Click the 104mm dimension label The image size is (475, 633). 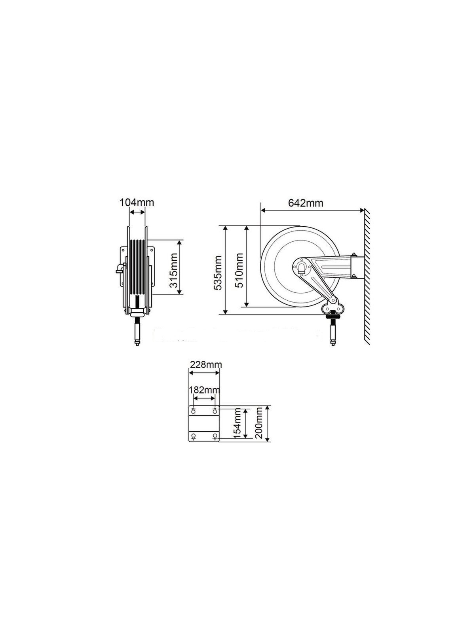tap(137, 203)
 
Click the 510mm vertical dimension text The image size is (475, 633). tap(239, 267)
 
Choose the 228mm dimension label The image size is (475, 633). tap(205, 364)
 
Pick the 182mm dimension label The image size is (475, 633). tap(204, 389)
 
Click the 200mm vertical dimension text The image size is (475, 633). tap(258, 424)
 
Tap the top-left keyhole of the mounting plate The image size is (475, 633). tap(194, 410)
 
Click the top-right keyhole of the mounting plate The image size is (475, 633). tap(215, 410)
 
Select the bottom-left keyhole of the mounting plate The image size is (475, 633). tap(194, 437)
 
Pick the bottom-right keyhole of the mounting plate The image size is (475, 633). tap(215, 437)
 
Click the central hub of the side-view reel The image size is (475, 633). tap(303, 266)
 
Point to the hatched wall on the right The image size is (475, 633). tap(367, 277)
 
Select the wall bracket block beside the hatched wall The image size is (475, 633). tap(355, 267)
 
